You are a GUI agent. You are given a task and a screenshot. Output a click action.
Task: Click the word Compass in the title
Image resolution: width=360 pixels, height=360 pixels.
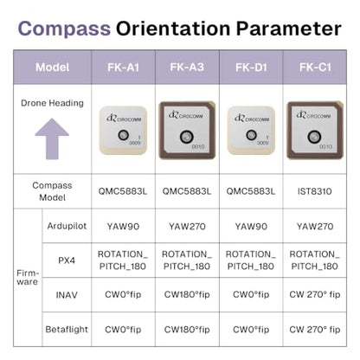64,29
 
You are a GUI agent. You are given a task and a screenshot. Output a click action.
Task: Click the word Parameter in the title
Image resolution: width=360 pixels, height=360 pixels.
289,29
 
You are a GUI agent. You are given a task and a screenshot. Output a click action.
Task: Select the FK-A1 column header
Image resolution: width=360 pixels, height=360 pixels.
124,67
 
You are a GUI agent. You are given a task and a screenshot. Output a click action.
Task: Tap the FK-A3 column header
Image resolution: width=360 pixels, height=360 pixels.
187,67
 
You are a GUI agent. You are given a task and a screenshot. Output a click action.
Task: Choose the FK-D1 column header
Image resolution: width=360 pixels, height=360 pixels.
251,67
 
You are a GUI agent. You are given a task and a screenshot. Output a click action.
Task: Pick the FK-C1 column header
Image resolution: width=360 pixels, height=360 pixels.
315,67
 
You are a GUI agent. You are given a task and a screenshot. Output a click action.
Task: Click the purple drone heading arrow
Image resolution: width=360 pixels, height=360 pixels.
52,138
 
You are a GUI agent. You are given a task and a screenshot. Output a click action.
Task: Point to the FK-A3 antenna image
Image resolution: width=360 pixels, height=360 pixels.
187,130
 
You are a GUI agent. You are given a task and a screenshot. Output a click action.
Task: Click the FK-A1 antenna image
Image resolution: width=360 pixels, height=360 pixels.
123,130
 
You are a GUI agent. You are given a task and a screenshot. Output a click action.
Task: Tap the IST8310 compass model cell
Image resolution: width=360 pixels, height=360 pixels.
315,191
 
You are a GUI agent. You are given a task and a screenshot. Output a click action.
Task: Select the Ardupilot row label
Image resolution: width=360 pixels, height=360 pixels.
67,226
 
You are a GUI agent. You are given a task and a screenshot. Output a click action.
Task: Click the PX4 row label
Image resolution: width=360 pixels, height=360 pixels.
67,260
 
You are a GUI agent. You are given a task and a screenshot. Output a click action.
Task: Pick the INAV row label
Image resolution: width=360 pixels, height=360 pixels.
67,295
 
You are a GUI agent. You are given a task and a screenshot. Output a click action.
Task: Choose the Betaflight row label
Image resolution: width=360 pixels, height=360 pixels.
67,329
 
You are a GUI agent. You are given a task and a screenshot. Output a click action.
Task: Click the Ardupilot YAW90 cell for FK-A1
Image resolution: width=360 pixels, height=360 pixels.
123,227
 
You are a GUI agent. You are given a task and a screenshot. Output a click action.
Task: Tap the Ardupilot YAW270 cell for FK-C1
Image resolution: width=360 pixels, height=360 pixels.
315,227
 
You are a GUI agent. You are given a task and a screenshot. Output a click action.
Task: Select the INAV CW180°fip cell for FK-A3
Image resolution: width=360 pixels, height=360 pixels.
187,294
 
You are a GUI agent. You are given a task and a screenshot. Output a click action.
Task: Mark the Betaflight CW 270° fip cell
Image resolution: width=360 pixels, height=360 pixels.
315,329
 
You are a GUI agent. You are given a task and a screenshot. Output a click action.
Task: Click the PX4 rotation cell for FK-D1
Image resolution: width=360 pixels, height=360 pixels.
251,260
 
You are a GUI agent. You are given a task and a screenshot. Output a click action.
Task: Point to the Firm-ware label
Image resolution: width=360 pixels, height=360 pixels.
28,277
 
